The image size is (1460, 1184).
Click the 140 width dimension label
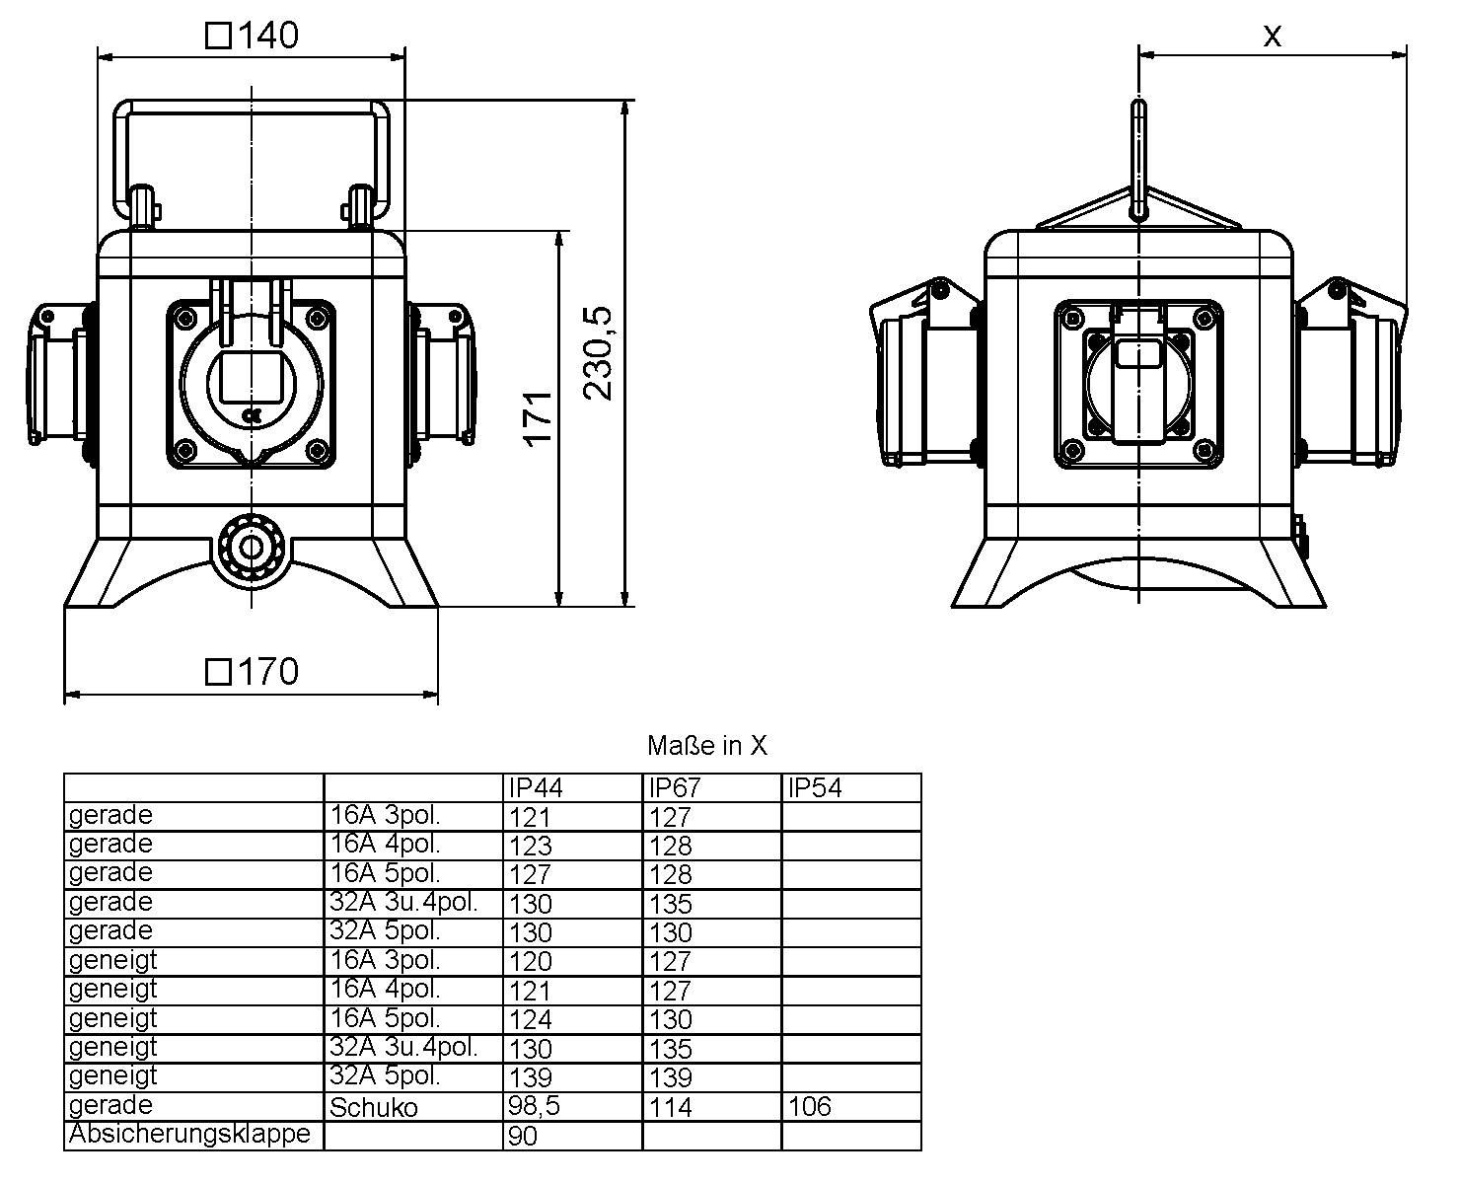point(253,36)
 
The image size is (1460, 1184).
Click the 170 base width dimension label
point(253,672)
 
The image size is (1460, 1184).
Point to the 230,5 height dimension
point(598,353)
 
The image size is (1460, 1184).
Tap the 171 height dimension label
point(538,418)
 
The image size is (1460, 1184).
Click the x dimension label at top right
point(1273,37)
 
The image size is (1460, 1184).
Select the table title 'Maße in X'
point(706,746)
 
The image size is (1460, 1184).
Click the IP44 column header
point(536,788)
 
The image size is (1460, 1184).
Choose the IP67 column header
point(676,788)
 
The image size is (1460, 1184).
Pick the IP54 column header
point(816,788)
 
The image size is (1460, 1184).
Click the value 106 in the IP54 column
point(809,1107)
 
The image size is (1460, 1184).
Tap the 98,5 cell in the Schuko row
point(534,1106)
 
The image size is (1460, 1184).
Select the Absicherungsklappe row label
point(189,1135)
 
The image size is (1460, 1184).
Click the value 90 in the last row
point(523,1137)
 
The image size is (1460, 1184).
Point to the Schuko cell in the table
point(373,1107)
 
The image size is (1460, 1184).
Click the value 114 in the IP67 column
point(671,1107)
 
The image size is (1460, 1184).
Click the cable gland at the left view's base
point(252,549)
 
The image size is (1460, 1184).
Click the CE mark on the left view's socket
point(251,415)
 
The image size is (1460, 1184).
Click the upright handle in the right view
point(1138,158)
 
